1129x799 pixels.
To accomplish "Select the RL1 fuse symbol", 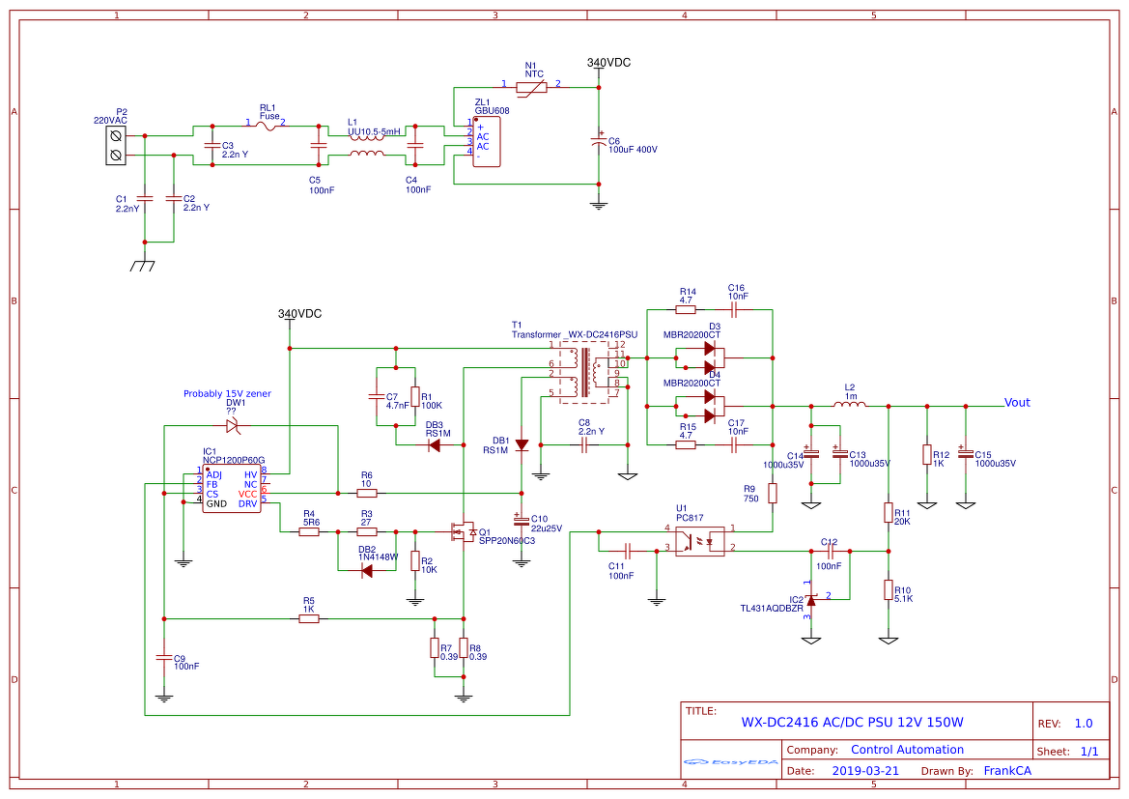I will click(x=269, y=125).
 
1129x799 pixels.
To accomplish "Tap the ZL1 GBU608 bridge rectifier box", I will click(x=487, y=141).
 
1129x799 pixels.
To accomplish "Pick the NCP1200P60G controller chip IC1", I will click(x=231, y=488).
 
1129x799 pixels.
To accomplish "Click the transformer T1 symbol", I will click(x=587, y=372).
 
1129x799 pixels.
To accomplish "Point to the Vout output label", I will click(x=1017, y=403).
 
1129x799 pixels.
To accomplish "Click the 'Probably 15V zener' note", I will click(x=227, y=393).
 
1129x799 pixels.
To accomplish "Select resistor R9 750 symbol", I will click(x=773, y=494).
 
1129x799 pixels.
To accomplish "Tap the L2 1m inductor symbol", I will click(x=849, y=406).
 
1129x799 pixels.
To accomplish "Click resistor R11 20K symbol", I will click(x=889, y=512).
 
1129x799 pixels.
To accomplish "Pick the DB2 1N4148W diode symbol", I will click(x=367, y=570).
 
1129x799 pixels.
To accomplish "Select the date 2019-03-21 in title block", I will click(x=865, y=771).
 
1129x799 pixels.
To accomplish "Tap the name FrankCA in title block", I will click(x=1007, y=771).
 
